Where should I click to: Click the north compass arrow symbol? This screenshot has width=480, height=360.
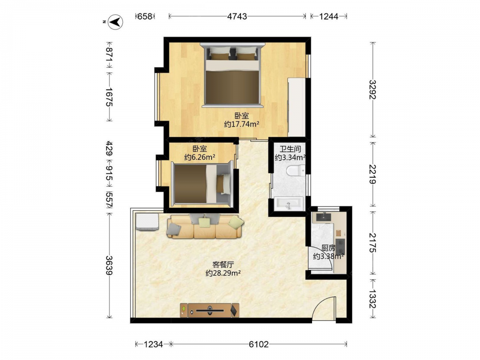(x=116, y=22)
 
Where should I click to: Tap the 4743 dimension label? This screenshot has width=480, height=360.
(x=237, y=16)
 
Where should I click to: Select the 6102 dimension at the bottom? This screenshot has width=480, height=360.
(x=259, y=344)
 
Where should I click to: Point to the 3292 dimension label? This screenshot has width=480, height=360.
(x=372, y=90)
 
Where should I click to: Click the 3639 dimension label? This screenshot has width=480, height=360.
(x=109, y=265)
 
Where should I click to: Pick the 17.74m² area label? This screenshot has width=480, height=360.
(x=241, y=124)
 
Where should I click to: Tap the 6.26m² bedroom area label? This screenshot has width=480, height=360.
(x=199, y=157)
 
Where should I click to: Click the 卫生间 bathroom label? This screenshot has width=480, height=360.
(x=290, y=149)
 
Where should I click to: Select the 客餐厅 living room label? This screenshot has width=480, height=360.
(x=223, y=264)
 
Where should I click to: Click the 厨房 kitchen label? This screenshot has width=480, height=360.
(x=328, y=248)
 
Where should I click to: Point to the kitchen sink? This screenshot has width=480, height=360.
(x=324, y=217)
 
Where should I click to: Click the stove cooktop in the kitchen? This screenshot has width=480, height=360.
(x=340, y=247)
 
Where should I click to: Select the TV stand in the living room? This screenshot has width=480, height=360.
(x=210, y=311)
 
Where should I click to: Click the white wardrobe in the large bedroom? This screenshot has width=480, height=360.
(x=297, y=107)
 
